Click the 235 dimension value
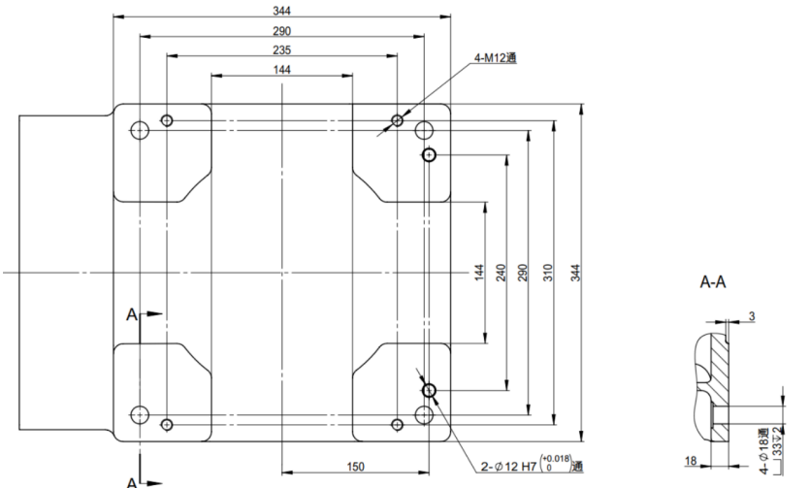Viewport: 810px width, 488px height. [x=281, y=50]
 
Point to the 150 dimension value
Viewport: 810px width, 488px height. [x=355, y=468]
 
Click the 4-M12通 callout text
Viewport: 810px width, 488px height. [x=495, y=58]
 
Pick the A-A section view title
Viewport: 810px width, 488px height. [x=713, y=284]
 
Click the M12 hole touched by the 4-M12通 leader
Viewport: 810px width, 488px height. [x=397, y=120]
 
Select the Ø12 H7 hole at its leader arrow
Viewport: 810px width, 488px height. [x=429, y=390]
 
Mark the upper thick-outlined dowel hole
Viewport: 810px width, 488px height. [x=429, y=154]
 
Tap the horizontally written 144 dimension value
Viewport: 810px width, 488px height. [x=281, y=70]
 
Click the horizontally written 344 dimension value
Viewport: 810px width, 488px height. [x=281, y=11]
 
